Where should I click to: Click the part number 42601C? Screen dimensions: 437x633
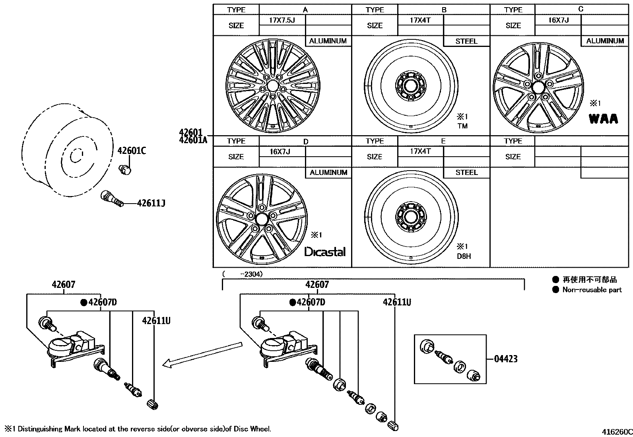[x=132, y=151]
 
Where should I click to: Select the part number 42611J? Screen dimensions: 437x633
[x=151, y=204]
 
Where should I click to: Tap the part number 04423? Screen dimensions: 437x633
[x=506, y=359]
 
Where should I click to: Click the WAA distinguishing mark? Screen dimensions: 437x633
[x=603, y=119]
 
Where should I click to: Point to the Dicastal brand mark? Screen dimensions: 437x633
[x=325, y=252]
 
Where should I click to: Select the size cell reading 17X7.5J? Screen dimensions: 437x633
[x=282, y=20]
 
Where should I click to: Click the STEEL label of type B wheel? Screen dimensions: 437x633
[x=466, y=41]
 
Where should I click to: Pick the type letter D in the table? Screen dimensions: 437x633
[x=305, y=142]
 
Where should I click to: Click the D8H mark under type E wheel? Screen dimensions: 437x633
[x=464, y=256]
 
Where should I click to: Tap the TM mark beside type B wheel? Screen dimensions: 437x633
[x=462, y=126]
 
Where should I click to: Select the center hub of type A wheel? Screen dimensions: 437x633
[x=272, y=85]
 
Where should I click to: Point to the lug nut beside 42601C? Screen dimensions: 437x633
[x=126, y=169]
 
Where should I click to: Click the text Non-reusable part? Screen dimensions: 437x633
[x=592, y=290]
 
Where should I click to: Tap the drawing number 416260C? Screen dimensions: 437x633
[x=616, y=432]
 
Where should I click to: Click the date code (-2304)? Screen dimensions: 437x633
[x=243, y=274]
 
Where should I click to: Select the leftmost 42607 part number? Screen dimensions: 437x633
[x=63, y=285]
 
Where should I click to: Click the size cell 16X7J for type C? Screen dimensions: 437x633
[x=558, y=20]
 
